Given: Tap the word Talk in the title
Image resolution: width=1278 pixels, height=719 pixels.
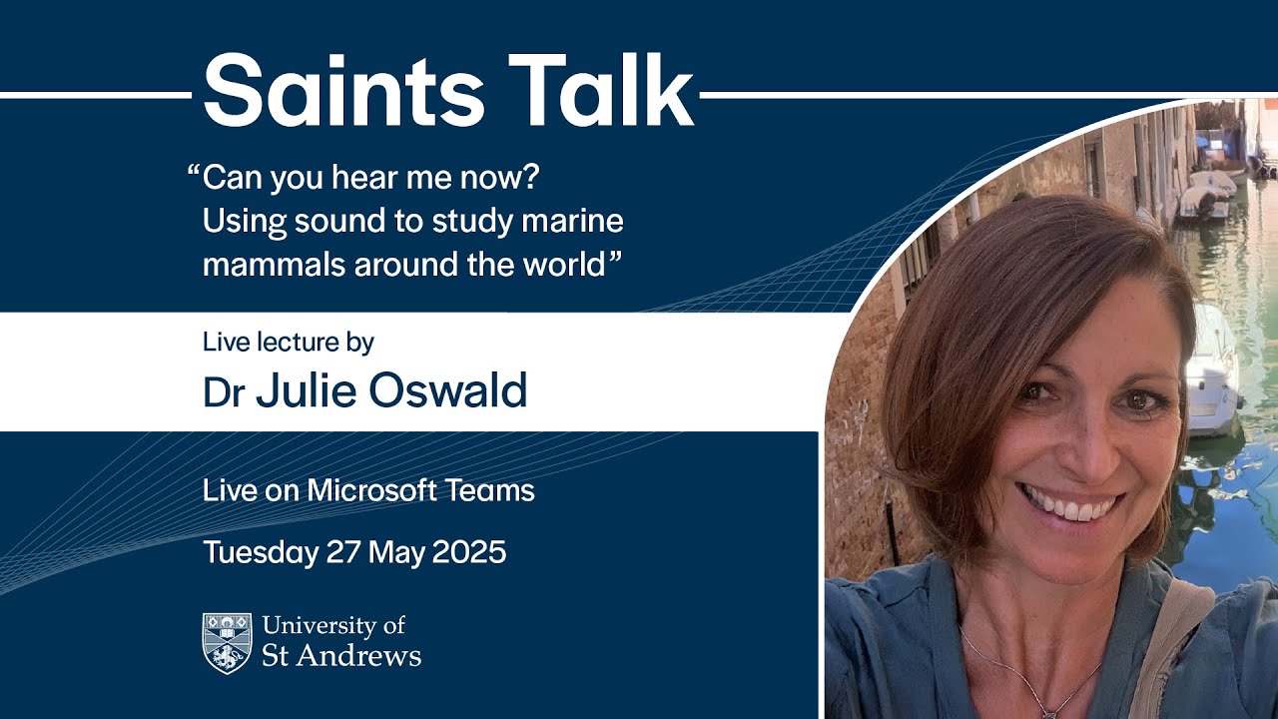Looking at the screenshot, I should tap(600, 91).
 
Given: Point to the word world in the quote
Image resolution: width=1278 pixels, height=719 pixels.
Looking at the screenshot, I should tap(562, 266).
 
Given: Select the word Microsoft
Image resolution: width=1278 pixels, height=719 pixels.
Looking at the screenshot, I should tap(372, 491).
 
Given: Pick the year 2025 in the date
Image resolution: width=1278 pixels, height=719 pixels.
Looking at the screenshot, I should tap(468, 552).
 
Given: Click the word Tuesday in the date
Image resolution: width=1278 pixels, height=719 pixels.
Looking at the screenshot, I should tap(260, 552).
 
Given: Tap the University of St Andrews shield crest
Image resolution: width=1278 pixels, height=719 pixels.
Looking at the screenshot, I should tap(227, 643).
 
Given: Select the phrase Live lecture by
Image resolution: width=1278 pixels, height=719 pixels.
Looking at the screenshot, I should tap(288, 343).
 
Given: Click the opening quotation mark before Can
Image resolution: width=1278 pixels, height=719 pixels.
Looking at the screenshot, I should tap(193, 174).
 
